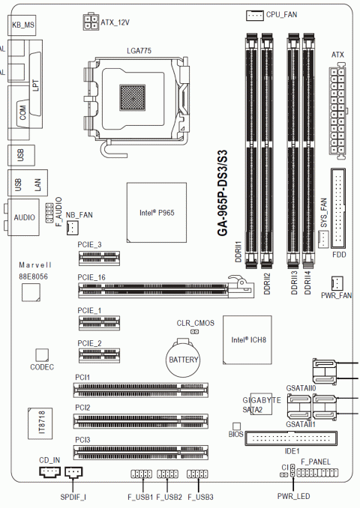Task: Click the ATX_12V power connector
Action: tap(91, 22)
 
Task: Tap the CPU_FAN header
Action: tap(254, 15)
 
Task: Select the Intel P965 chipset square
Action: tap(156, 212)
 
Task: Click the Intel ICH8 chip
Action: tap(247, 340)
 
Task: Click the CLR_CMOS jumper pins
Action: tap(194, 332)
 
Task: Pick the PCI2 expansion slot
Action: tap(141, 420)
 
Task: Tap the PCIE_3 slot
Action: tap(99, 258)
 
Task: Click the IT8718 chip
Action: tap(40, 423)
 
